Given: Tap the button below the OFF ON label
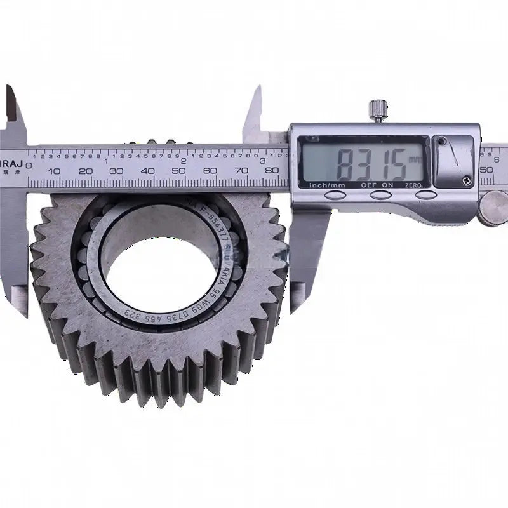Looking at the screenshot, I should click(381, 195).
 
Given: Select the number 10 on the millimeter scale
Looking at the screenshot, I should click(54, 171).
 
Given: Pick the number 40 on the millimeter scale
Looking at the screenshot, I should click(148, 171).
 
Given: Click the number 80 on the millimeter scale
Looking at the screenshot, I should click(273, 170).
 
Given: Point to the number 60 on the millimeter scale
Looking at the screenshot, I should click(210, 171).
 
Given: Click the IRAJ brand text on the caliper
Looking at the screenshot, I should click(13, 153).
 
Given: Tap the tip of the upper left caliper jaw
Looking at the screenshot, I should click(9, 89).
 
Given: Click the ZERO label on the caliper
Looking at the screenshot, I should click(425, 185).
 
